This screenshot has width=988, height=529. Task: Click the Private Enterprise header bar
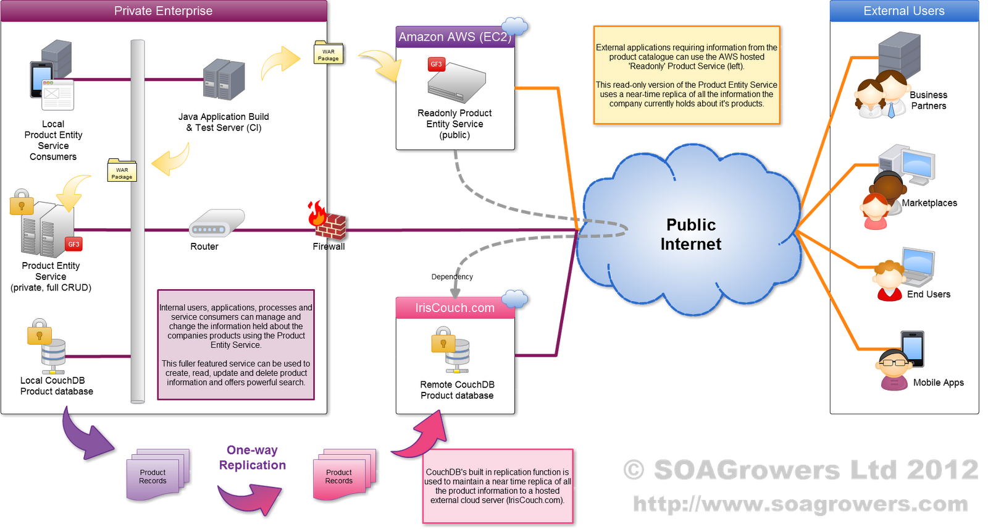pyautogui.click(x=163, y=11)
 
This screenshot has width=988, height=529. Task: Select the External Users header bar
pyautogui.click(x=903, y=11)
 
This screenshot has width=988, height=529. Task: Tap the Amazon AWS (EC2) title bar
pyautogui.click(x=454, y=37)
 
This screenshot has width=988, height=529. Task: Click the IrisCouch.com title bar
pyautogui.click(x=454, y=308)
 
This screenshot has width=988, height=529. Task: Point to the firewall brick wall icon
pyautogui.click(x=330, y=225)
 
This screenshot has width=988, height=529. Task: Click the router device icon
pyautogui.click(x=216, y=223)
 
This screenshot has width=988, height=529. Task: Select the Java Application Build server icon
pyautogui.click(x=224, y=80)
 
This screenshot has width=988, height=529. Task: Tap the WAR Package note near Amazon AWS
pyautogui.click(x=328, y=54)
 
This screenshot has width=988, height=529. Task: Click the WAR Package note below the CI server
pyautogui.click(x=122, y=172)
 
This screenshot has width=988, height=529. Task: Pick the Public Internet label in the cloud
pyautogui.click(x=691, y=234)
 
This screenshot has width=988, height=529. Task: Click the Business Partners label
pyautogui.click(x=928, y=100)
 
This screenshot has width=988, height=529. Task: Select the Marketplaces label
pyautogui.click(x=929, y=203)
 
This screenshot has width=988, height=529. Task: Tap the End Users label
pyautogui.click(x=928, y=294)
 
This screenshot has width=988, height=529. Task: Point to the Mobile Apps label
pyautogui.click(x=938, y=383)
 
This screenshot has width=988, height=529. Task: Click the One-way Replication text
pyautogui.click(x=252, y=458)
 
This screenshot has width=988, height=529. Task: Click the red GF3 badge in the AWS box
pyautogui.click(x=436, y=64)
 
